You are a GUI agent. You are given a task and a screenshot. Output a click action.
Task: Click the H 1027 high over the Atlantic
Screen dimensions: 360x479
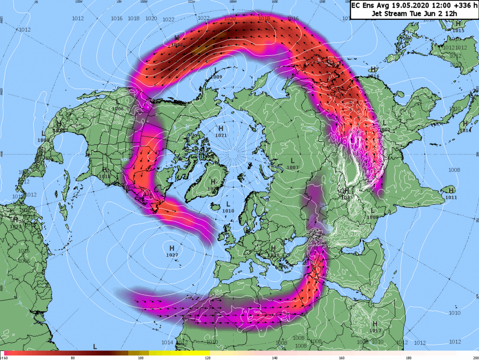coord(172,251)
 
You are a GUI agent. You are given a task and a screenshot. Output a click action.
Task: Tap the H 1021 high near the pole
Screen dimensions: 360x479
coord(221,131)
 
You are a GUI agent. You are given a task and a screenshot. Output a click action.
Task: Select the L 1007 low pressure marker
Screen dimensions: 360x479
coord(292,164)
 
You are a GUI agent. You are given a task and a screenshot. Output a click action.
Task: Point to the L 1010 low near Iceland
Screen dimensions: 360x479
coord(228,207)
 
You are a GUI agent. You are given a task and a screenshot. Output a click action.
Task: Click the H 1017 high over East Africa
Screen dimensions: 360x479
coord(375,327)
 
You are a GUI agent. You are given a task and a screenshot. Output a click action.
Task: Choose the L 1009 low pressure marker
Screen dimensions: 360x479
coord(216,73)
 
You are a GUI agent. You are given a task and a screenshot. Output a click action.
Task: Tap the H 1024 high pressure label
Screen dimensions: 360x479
coord(177,41)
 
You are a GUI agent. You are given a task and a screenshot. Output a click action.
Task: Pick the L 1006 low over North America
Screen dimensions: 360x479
coord(117,105)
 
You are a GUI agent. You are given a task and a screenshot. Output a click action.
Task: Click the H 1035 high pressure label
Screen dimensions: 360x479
coord(346,193)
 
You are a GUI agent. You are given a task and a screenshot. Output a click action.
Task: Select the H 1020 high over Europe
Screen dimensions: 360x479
coord(273,251)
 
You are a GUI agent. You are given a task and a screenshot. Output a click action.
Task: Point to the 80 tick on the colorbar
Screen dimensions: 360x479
coord(72,358)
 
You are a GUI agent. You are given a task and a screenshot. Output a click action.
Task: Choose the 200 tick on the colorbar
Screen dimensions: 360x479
coord(475,358)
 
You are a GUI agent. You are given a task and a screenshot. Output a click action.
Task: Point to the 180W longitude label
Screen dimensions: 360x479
coord(233,2)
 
